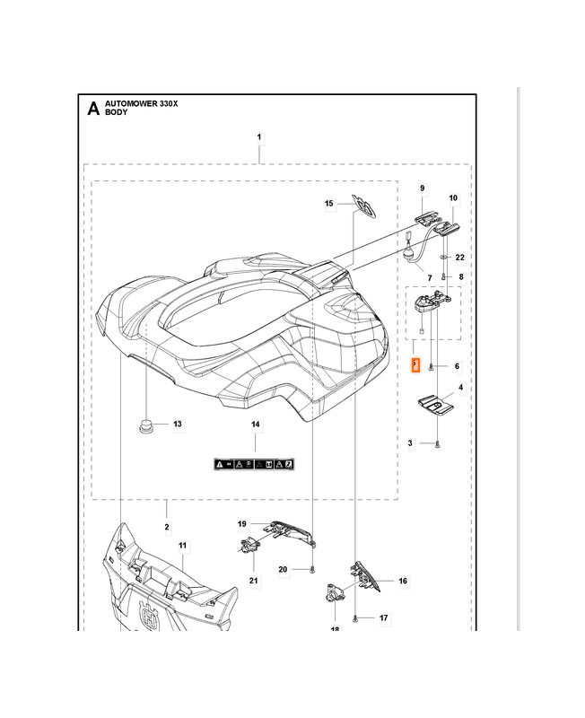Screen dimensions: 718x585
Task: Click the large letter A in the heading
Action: (92, 109)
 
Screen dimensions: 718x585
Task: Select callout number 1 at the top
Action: (259, 137)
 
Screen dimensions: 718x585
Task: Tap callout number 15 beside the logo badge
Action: (329, 205)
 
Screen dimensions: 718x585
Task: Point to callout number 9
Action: (423, 188)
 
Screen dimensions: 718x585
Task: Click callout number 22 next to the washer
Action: (460, 258)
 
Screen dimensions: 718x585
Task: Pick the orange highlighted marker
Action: (415, 366)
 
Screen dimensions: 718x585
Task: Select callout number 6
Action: (457, 366)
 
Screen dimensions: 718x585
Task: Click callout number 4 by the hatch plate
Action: (461, 388)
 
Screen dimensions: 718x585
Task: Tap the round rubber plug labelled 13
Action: (145, 424)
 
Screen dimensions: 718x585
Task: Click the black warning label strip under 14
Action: (254, 463)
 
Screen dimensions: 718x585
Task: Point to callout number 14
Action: (255, 425)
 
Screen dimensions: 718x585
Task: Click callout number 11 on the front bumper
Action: (182, 546)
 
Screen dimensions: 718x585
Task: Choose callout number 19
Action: (241, 523)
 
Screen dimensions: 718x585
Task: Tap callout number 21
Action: (253, 582)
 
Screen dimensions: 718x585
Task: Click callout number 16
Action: (403, 582)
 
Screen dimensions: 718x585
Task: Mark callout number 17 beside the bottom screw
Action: (383, 618)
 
